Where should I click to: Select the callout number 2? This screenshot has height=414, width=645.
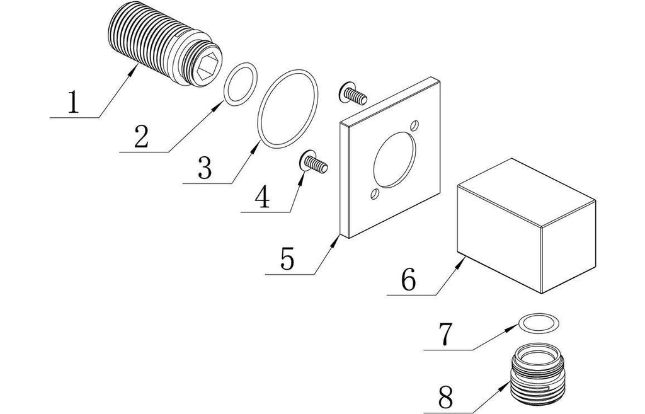coord(141,136)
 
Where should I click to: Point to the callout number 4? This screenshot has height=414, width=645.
coord(263,197)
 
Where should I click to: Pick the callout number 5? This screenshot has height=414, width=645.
coord(287,258)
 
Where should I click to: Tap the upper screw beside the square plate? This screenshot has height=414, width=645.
coord(352,95)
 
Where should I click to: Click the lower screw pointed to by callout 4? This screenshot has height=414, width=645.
coord(313,163)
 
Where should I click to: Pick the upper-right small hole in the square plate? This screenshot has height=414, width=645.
coord(414,125)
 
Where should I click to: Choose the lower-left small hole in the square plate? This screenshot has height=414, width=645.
coord(376,194)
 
